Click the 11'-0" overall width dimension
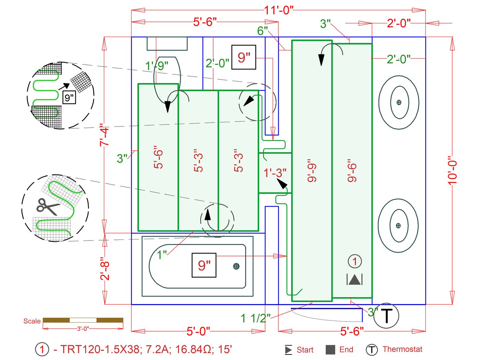tap(278, 10)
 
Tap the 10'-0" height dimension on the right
tap(452, 171)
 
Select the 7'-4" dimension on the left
tap(104, 135)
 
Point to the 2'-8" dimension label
tap(105, 268)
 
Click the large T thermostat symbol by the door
tap(386, 316)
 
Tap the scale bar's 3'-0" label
tap(83, 328)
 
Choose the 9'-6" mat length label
tap(352, 171)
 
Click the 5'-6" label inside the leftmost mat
tap(158, 157)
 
